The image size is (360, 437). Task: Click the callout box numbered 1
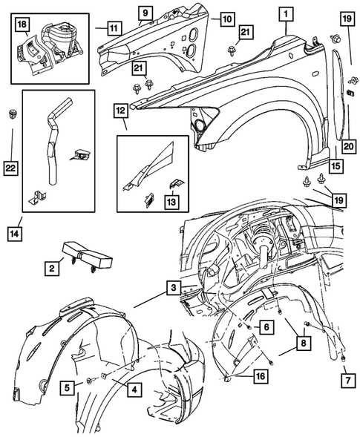[x=286, y=14]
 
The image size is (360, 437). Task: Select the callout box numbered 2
[x=52, y=268]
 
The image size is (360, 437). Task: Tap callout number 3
[x=174, y=288]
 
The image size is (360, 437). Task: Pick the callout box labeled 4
[x=134, y=390]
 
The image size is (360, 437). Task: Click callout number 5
[x=68, y=387]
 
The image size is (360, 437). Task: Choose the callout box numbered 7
[x=348, y=380]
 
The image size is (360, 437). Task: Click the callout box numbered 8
[x=303, y=343]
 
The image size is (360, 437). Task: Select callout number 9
[x=145, y=13]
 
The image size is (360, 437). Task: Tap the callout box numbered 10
[x=227, y=19]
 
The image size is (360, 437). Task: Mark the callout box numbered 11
[x=114, y=28]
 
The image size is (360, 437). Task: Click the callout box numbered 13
[x=171, y=202]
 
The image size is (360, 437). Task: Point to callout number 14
[x=15, y=233]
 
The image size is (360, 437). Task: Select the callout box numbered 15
[x=336, y=166]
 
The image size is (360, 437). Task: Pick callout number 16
[x=261, y=376]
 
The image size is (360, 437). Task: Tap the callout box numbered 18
[x=22, y=24]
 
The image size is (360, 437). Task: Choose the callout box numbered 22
[x=10, y=168]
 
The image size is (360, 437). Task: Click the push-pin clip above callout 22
[x=11, y=114]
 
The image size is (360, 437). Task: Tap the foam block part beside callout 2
[x=88, y=254]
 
